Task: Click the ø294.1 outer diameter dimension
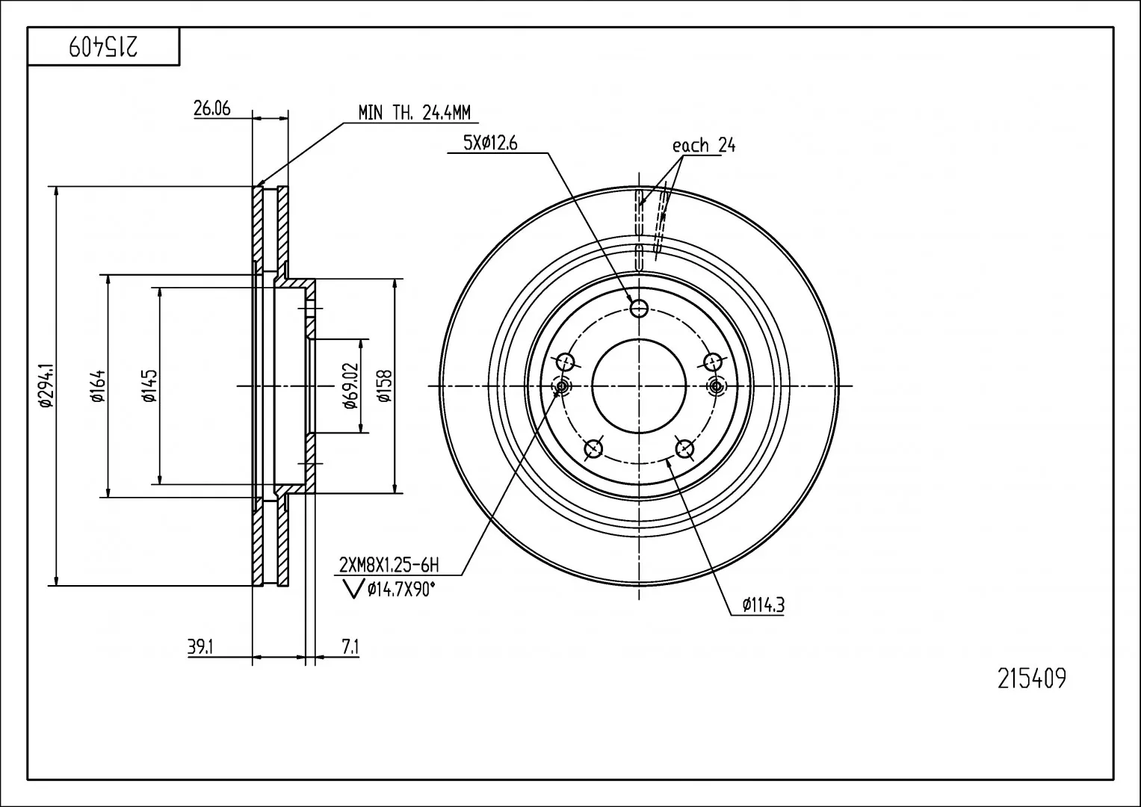pos(46,385)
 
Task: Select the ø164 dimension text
pos(99,386)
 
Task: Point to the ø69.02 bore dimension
pos(351,386)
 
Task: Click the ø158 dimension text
pos(385,386)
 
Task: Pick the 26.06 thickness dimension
pos(212,108)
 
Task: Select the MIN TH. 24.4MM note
pos(414,113)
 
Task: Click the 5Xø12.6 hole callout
pos(490,143)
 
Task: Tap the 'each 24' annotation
pos(703,145)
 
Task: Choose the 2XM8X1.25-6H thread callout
pos(389,565)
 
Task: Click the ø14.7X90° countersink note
pos(401,590)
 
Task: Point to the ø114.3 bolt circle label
pos(763,605)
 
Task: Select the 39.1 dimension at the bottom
pos(200,648)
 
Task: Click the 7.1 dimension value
pos(350,648)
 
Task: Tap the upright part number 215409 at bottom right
pos(1031,678)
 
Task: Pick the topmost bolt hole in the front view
pos(639,308)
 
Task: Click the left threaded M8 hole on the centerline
pos(562,387)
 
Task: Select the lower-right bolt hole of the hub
pos(684,449)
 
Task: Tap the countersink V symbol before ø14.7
pos(353,590)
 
